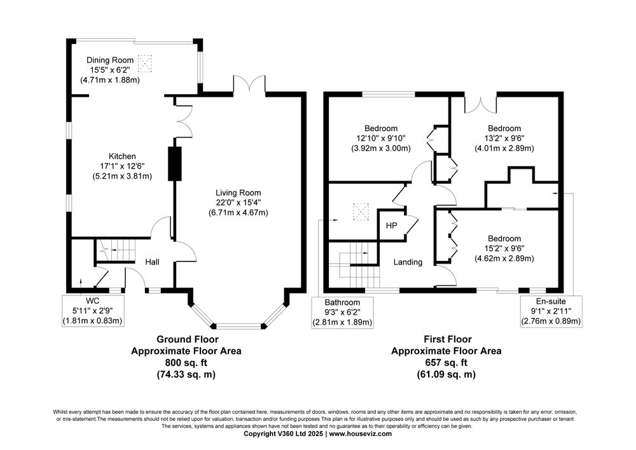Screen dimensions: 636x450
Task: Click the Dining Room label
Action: pos(110,60)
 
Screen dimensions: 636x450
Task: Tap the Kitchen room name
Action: pos(122,156)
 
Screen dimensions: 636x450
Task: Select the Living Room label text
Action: pos(238,193)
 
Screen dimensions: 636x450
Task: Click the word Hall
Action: pos(152,262)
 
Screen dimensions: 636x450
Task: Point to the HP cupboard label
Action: pos(391,225)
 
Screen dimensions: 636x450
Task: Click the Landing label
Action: pos(408,262)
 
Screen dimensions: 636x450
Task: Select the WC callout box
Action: pos(92,311)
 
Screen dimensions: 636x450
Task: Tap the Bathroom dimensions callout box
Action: pos(342,312)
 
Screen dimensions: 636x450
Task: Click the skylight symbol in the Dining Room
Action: pos(144,63)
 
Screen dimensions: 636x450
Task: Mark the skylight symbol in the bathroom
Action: pos(361,211)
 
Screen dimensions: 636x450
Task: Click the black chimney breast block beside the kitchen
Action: pos(175,164)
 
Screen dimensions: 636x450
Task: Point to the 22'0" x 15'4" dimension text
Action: pos(238,202)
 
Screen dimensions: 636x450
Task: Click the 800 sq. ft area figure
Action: pos(186,362)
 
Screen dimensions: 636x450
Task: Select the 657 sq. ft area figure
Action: pos(446,362)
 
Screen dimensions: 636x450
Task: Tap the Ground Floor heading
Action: pos(188,339)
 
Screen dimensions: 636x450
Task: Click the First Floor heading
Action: pos(448,339)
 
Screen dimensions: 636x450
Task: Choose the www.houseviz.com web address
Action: pos(360,433)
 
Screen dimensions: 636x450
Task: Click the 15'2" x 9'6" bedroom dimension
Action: pos(504,248)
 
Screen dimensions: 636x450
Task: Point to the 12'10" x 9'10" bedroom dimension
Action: pos(381,138)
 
